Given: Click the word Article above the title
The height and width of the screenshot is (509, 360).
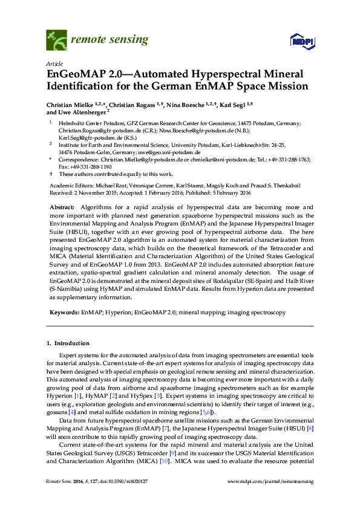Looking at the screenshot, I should coord(55,63).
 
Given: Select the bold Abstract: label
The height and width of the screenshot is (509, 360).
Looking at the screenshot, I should coord(62,207).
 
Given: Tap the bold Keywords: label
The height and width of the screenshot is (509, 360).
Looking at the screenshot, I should coord(64,313).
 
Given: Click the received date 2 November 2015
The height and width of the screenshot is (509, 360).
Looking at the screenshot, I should coord(102,193).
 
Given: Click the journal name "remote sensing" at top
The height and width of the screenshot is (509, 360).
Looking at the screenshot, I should coord(110,40).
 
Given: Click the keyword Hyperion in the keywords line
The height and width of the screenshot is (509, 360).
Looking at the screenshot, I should coord(117,313).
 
